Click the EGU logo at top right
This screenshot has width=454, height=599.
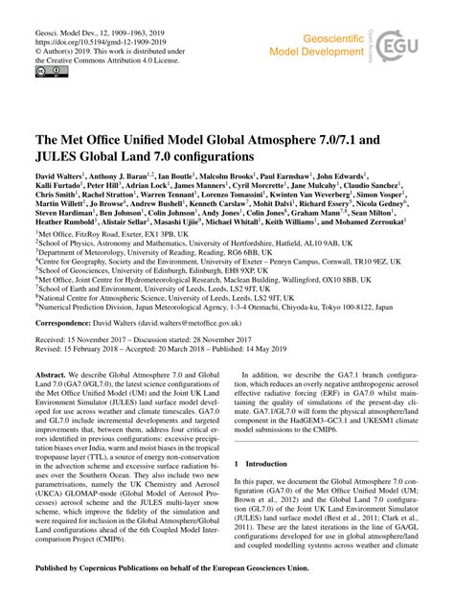tap(418, 44)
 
